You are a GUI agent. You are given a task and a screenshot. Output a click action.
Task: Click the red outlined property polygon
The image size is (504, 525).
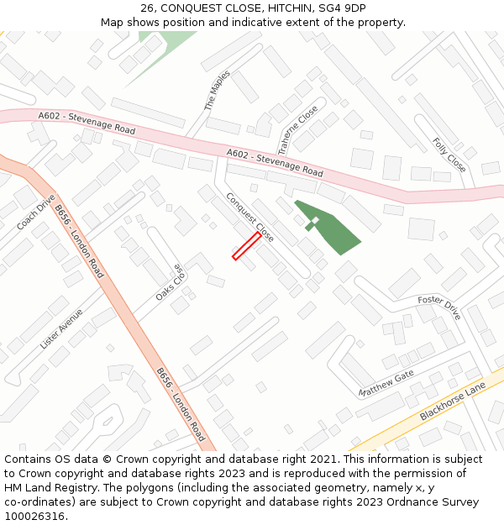[246, 246]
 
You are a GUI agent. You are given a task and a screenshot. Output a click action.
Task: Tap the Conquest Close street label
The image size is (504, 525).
[249, 217]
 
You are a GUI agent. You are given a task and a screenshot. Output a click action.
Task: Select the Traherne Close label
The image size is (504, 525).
[298, 129]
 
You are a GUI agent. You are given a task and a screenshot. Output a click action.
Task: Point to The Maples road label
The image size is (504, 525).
[217, 91]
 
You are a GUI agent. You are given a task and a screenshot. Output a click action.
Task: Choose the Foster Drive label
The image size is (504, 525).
[439, 307]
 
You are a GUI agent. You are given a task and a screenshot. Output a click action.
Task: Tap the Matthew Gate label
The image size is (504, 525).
[386, 384]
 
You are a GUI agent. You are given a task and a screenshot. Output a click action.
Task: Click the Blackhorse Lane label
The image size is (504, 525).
[453, 403]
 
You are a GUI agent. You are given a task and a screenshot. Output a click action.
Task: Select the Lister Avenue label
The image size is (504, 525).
[61, 328]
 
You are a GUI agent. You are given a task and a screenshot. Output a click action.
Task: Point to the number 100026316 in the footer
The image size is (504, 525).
[36, 516]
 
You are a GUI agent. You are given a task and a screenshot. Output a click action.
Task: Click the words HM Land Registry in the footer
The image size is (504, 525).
[50, 488]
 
